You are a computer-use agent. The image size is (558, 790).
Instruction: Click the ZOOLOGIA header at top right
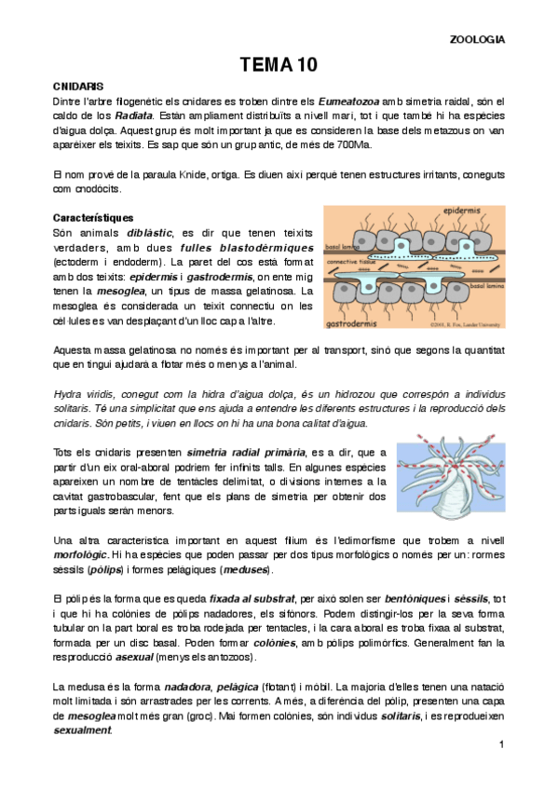[477, 40]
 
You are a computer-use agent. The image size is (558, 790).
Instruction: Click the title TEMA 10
[279, 64]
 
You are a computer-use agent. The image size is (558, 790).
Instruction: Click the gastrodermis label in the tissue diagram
[354, 322]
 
